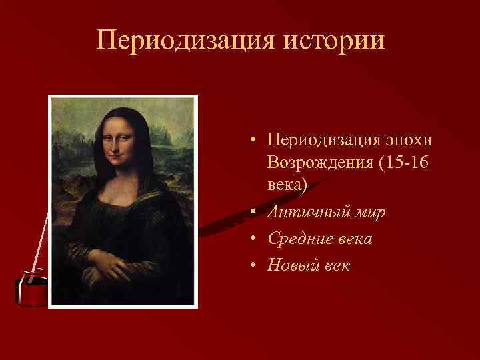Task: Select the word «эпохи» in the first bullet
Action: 409,141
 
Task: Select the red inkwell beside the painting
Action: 31,287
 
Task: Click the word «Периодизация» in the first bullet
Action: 322,141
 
